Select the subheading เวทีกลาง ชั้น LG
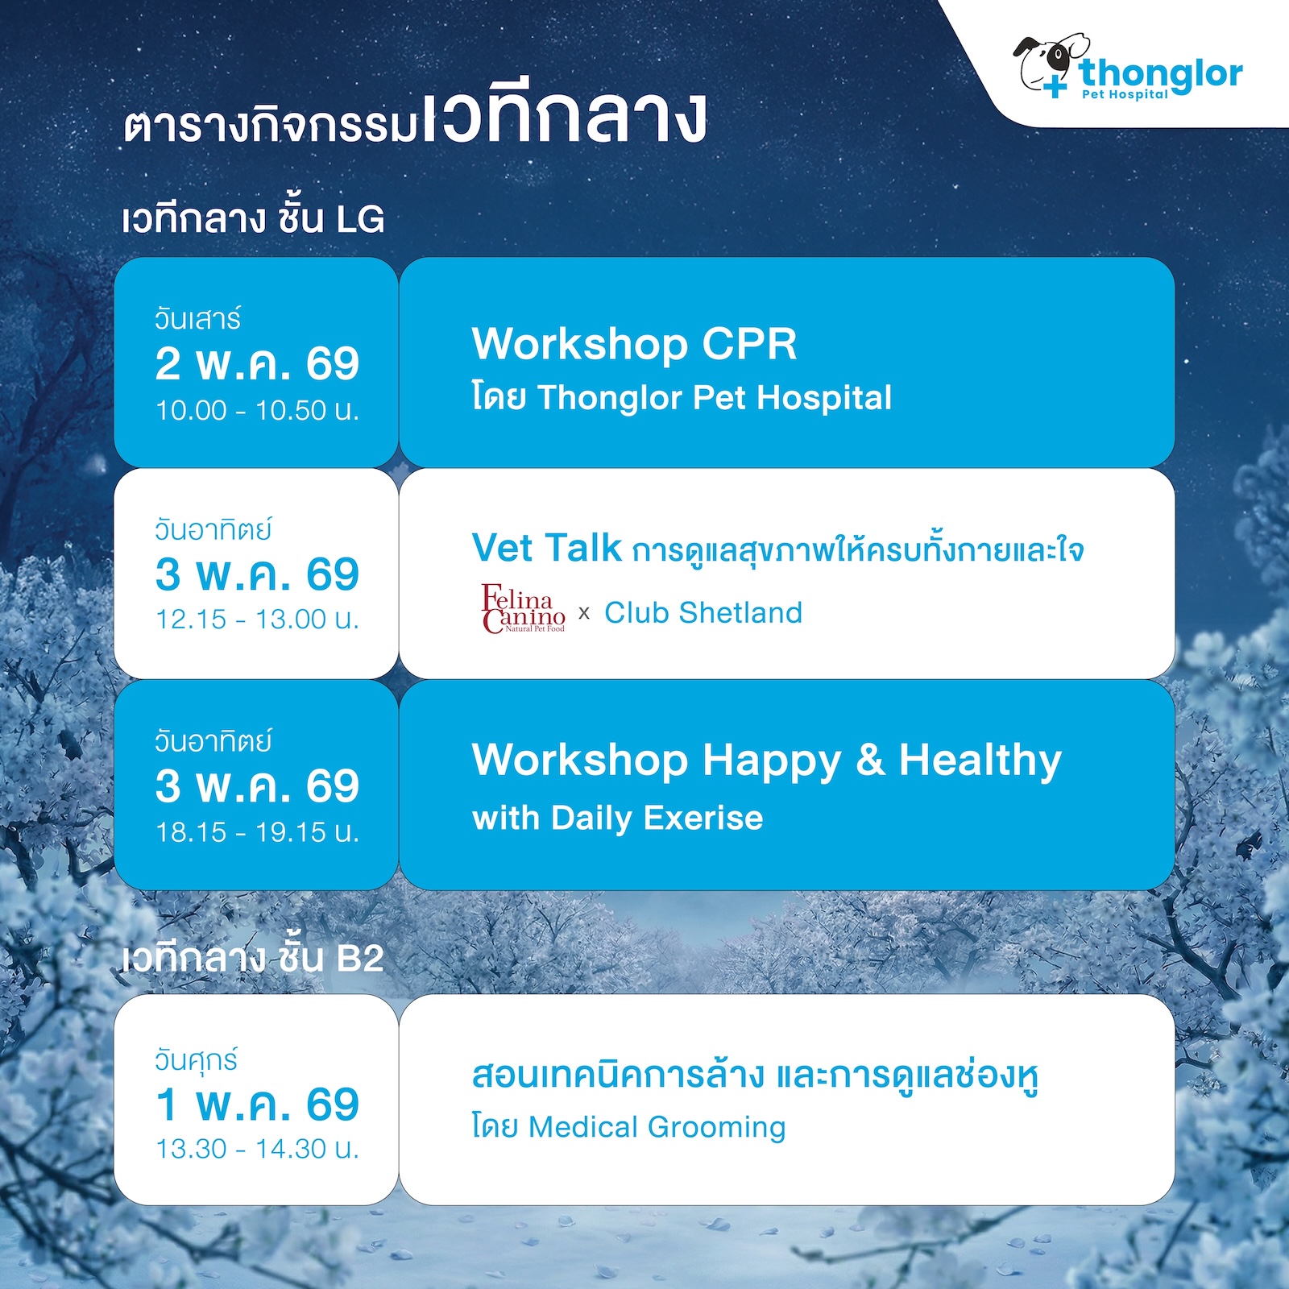[x=253, y=218]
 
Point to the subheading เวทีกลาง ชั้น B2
[x=252, y=958]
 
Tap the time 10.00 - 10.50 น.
[x=257, y=410]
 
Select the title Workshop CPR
[x=634, y=344]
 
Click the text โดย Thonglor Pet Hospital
[x=682, y=397]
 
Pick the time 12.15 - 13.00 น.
[x=257, y=619]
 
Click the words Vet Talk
[x=546, y=548]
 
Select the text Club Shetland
[x=703, y=612]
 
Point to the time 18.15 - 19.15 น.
[x=257, y=831]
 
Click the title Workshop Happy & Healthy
[x=767, y=760]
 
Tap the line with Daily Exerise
[x=617, y=818]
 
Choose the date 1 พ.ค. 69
[x=257, y=1104]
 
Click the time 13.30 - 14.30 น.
[x=257, y=1148]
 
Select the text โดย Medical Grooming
[x=628, y=1126]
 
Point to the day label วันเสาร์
[x=197, y=319]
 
